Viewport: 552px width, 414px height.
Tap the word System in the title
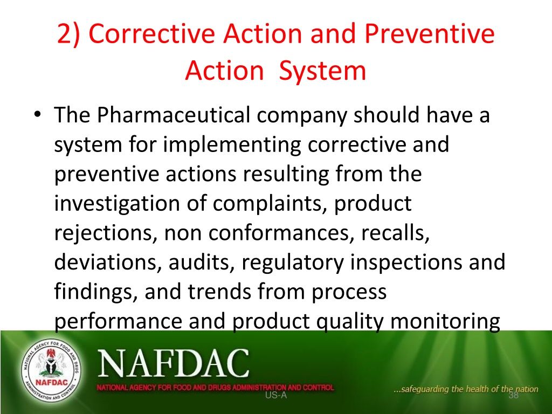[322, 71]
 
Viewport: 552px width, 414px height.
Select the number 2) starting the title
[68, 34]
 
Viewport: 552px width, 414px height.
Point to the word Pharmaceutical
[173, 115]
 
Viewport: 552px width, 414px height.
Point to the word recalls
[395, 233]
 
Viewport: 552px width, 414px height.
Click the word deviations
[108, 263]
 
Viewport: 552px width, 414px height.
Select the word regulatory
[293, 263]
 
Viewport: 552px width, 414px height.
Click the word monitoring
[445, 321]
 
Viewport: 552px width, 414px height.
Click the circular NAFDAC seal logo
[51, 371]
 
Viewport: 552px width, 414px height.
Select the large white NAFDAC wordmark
[173, 363]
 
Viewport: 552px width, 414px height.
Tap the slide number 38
[514, 395]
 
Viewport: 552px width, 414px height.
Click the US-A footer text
[276, 395]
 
